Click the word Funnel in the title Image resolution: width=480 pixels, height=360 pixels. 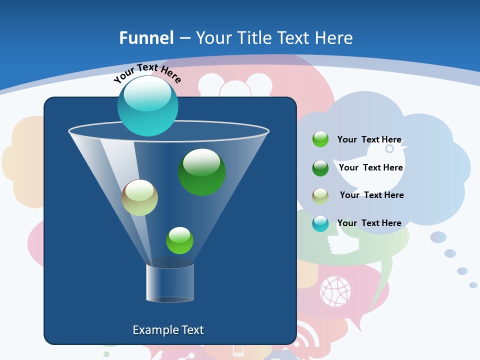146,38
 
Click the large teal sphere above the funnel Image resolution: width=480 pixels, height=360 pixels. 148,105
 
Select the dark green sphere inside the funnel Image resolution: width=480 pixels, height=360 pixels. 201,172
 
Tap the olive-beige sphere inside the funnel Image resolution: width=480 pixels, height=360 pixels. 139,197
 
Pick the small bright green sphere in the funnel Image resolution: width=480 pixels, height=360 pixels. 179,240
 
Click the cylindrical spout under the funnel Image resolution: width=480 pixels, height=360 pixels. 170,283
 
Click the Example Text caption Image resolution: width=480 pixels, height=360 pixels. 168,330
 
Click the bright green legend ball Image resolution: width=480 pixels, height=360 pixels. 320,139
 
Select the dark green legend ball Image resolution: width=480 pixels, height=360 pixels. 320,168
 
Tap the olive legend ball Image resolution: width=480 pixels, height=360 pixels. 320,195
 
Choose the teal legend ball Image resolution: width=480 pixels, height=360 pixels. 320,223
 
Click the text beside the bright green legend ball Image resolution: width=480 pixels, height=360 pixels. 369,140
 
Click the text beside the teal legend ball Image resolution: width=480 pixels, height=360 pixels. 369,223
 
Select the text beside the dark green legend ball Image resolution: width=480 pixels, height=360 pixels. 370,168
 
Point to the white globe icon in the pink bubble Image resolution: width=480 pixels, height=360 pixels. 335,291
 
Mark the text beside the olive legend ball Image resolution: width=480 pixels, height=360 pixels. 371,195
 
